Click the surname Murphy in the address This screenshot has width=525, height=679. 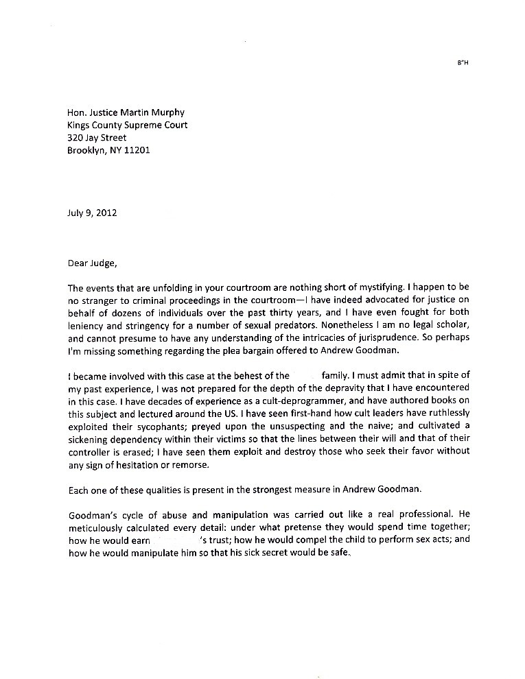pos(168,112)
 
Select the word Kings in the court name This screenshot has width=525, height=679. pos(80,125)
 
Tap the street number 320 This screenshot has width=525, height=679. pos(75,138)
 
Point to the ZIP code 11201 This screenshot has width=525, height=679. pos(137,150)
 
